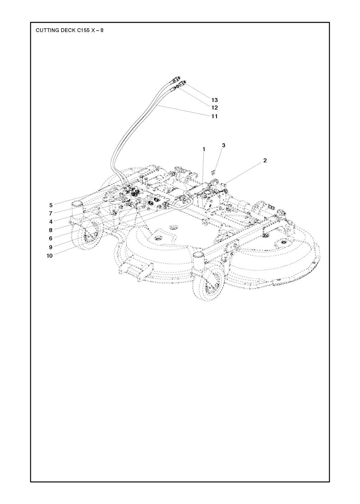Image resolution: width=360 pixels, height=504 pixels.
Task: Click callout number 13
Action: (x=214, y=100)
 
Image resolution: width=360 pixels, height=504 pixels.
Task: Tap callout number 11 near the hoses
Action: (x=214, y=116)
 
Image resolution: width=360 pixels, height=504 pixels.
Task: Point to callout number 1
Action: (x=204, y=149)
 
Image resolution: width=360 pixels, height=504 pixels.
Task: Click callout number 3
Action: (x=223, y=145)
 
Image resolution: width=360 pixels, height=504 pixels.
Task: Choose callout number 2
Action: (x=265, y=161)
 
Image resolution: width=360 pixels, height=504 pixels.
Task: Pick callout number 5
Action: (x=51, y=205)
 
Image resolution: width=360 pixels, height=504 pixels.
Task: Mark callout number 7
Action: (x=51, y=213)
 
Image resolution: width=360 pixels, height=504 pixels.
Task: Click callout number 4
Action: (x=51, y=222)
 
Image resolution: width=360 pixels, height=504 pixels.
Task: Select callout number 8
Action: (x=51, y=230)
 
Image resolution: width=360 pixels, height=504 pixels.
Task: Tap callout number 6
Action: (x=51, y=238)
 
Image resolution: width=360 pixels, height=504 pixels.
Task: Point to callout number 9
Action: (x=51, y=247)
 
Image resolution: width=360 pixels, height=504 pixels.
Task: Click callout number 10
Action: (x=50, y=256)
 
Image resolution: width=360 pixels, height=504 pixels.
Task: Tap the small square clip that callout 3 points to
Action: (x=213, y=172)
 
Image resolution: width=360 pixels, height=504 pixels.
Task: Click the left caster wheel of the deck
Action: (x=87, y=235)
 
